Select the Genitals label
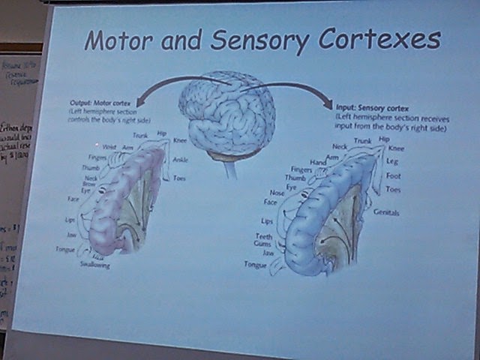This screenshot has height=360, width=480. point(386,213)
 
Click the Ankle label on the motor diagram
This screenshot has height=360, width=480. point(181,160)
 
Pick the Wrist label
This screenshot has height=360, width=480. point(109,148)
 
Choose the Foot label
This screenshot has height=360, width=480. point(394,176)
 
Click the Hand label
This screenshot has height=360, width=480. point(318,162)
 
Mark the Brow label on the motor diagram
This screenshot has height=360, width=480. point(89,184)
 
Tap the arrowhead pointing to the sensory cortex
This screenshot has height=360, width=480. point(328,102)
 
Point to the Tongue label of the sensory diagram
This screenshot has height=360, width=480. point(256,265)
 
